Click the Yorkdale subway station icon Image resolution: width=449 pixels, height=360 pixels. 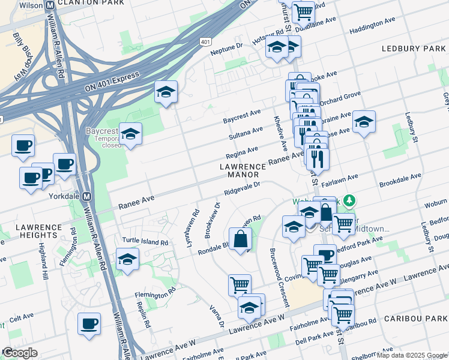tap(86, 196)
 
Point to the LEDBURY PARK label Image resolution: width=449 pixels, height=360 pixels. tap(413, 48)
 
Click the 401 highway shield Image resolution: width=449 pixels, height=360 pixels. tap(205, 41)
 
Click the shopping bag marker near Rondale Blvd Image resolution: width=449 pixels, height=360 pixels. tap(240, 239)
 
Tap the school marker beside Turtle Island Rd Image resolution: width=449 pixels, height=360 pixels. tap(128, 259)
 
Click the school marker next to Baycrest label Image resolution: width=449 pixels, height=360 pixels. tap(130, 134)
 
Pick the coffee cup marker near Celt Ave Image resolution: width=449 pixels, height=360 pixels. tap(89, 323)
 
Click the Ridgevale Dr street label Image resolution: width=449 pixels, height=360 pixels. tap(242, 190)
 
